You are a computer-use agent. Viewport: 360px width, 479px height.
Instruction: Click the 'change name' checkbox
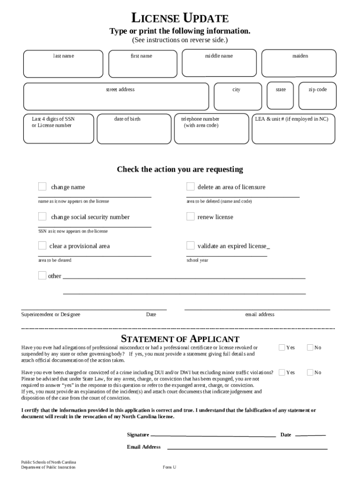(42, 187)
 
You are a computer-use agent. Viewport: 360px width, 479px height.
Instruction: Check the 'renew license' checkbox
(190, 216)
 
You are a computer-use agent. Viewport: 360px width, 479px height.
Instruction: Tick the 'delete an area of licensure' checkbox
(190, 187)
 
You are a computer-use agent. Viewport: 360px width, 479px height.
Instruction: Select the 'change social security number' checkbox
(42, 216)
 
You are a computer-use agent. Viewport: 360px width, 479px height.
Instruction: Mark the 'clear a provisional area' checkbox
(42, 245)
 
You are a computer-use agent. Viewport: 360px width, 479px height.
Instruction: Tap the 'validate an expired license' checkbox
(190, 245)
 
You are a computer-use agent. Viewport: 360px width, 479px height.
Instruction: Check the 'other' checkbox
(42, 275)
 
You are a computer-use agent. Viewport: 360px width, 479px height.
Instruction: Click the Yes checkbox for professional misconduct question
(281, 347)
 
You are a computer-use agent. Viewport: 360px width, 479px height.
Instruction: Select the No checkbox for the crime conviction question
(310, 372)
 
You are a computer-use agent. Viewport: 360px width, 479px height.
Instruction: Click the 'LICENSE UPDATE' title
(180, 19)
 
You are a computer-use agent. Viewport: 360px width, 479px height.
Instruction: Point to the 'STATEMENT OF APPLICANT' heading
(180, 339)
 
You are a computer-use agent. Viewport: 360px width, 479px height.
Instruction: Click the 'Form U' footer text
(169, 467)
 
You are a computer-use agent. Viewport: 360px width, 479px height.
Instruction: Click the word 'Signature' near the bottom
(138, 435)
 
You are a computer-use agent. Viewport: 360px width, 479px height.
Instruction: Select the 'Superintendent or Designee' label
(50, 314)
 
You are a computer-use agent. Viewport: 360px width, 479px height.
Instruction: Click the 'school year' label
(197, 260)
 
